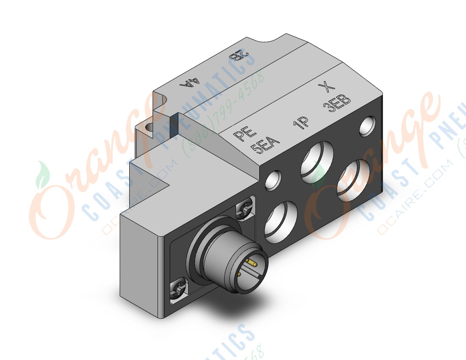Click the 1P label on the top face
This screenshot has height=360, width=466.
click(x=300, y=122)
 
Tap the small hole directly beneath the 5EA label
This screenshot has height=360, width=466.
click(x=273, y=180)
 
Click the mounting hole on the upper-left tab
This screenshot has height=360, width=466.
click(x=148, y=127)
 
